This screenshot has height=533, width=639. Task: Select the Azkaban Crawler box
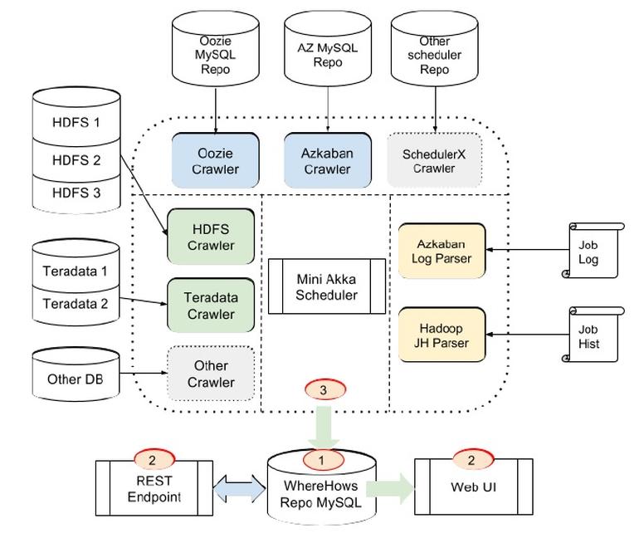(327, 160)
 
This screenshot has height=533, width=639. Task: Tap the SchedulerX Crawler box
(435, 160)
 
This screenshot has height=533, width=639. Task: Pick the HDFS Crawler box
(211, 237)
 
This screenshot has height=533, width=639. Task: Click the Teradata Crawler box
(211, 306)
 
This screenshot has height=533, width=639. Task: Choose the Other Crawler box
(211, 374)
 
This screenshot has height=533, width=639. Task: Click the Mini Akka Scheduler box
(326, 286)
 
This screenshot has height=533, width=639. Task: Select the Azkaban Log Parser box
(441, 251)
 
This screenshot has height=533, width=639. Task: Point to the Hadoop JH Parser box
(441, 335)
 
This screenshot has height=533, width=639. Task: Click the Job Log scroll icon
(593, 251)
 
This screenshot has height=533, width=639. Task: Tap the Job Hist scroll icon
(593, 335)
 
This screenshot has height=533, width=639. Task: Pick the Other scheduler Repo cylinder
(434, 51)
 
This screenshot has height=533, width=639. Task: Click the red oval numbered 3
(324, 389)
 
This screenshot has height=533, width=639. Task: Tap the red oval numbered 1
(324, 459)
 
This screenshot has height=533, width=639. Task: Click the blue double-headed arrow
(240, 490)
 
